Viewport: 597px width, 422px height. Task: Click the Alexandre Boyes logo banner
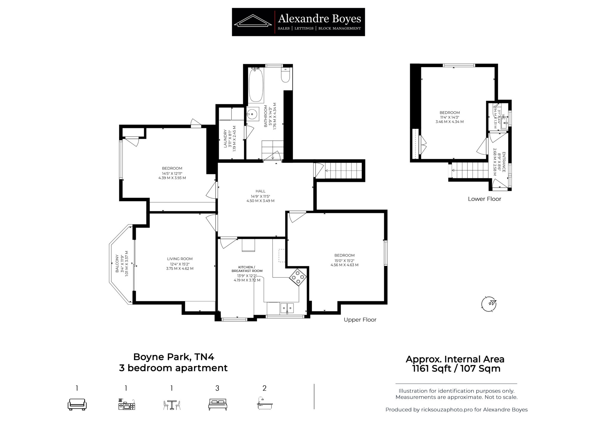pyautogui.click(x=298, y=22)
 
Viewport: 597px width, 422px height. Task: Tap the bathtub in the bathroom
pyautogui.click(x=256, y=85)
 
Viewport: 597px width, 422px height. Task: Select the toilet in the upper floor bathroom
pyautogui.click(x=285, y=75)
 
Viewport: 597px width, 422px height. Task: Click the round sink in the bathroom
pyautogui.click(x=253, y=114)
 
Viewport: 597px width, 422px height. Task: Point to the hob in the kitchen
pyautogui.click(x=298, y=278)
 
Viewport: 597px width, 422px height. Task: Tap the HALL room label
pyautogui.click(x=260, y=191)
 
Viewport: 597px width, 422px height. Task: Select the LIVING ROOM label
pyautogui.click(x=180, y=259)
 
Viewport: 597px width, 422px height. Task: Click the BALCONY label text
pyautogui.click(x=117, y=264)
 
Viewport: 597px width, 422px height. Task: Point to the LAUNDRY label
pyautogui.click(x=225, y=138)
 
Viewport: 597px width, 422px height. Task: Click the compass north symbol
pyautogui.click(x=489, y=304)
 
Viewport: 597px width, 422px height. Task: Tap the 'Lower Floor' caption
pyautogui.click(x=484, y=199)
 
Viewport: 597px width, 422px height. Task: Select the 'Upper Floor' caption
pyautogui.click(x=360, y=320)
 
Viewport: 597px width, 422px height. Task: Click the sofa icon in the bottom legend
pyautogui.click(x=77, y=404)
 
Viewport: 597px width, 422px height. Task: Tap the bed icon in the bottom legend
pyautogui.click(x=218, y=404)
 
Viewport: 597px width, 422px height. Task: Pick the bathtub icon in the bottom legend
pyautogui.click(x=264, y=403)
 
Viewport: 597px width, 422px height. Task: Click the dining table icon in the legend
pyautogui.click(x=172, y=405)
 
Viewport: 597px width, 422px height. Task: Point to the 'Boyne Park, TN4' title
pyautogui.click(x=173, y=357)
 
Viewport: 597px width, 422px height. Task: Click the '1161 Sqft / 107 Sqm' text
pyautogui.click(x=456, y=369)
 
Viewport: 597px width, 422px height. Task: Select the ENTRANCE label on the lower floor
pyautogui.click(x=504, y=162)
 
